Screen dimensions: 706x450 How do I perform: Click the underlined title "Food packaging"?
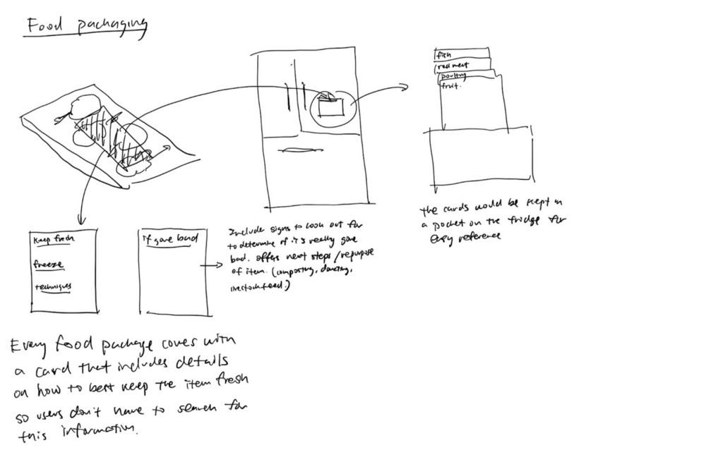pyautogui.click(x=87, y=27)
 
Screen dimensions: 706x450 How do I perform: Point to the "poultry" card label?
pyautogui.click(x=455, y=76)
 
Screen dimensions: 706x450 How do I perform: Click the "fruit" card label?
pyautogui.click(x=450, y=86)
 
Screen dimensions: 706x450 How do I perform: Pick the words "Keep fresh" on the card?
pyautogui.click(x=55, y=240)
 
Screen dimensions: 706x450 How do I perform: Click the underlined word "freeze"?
pyautogui.click(x=49, y=265)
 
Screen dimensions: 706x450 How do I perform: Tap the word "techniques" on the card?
pyautogui.click(x=54, y=287)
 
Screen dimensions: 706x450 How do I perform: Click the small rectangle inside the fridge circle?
pyautogui.click(x=331, y=108)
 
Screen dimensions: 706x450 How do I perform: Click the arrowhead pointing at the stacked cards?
pyautogui.click(x=405, y=87)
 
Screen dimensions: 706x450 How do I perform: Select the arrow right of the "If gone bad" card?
pyautogui.click(x=214, y=267)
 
